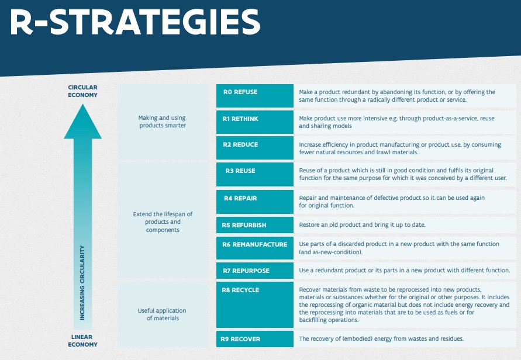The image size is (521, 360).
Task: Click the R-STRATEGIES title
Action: click(135, 22)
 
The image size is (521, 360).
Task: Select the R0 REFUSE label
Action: click(240, 92)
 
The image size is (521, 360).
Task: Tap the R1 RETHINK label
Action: click(240, 119)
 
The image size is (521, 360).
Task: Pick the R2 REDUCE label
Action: click(240, 144)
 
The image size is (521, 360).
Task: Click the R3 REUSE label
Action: click(240, 171)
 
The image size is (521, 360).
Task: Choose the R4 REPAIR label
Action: click(240, 198)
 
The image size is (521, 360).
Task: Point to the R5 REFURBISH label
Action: click(244, 225)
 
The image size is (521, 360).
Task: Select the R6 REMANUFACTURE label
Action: click(254, 244)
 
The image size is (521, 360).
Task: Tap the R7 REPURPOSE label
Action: click(246, 271)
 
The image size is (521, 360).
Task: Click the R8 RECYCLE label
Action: click(240, 290)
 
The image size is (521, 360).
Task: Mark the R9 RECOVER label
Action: click(240, 339)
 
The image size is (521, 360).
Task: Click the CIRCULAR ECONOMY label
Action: click(82, 91)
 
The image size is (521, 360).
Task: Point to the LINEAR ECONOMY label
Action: click(82, 341)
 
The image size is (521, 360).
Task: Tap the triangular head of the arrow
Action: click(82, 124)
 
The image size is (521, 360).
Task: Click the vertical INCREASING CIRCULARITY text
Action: click(82, 283)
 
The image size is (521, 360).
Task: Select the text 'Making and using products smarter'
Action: click(163, 122)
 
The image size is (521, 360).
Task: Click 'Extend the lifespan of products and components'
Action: click(163, 222)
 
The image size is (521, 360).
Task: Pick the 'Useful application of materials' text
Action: click(163, 314)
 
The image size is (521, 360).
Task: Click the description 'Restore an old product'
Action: click(362, 225)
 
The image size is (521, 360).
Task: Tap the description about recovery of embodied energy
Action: click(381, 339)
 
